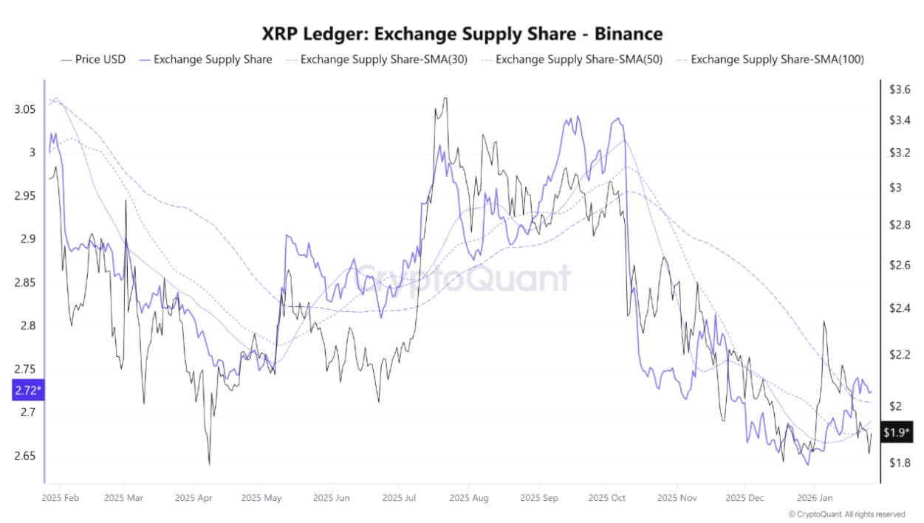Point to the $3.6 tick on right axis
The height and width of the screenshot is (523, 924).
(900, 89)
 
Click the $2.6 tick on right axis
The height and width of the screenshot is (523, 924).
(900, 265)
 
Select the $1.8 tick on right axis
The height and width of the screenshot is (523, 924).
(900, 463)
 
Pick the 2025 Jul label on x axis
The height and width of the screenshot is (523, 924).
(399, 498)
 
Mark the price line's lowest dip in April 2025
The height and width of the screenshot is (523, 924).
(209, 464)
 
